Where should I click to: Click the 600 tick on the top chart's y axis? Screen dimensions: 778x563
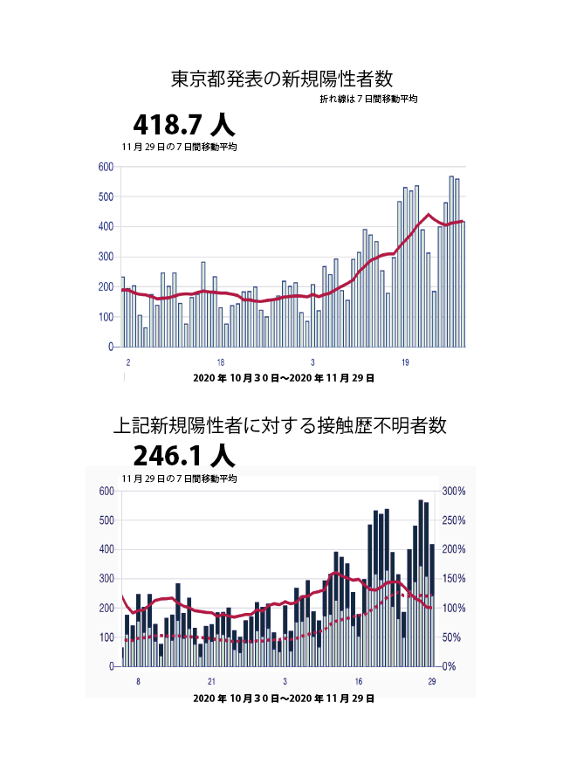click(105, 167)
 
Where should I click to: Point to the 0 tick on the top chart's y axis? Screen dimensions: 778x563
click(110, 347)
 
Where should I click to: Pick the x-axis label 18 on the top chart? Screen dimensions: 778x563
click(221, 361)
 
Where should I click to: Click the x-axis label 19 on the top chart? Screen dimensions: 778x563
click(405, 361)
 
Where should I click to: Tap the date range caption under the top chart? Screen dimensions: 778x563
click(284, 378)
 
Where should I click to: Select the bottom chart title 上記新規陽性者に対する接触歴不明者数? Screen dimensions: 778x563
click(281, 426)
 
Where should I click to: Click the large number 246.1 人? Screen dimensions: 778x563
click(183, 456)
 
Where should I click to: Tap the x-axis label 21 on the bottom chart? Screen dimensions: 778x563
click(211, 681)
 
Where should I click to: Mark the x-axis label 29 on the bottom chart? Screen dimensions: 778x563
click(431, 681)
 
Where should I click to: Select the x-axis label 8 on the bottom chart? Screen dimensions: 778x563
click(138, 681)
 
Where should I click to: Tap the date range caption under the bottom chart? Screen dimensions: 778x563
click(284, 699)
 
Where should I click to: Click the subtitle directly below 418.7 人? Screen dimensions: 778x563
click(180, 147)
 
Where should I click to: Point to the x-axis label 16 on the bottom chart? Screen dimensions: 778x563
click(358, 681)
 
